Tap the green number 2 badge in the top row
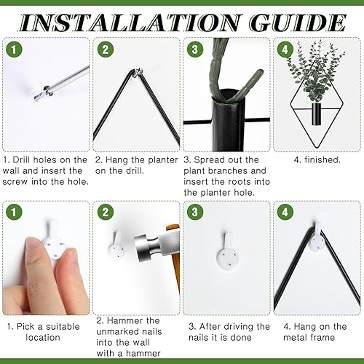[x=106, y=50]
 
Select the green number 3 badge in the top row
[x=194, y=50]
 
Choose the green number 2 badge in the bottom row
[x=106, y=212]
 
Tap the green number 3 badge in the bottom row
[x=194, y=212]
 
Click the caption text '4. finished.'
[x=318, y=159]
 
